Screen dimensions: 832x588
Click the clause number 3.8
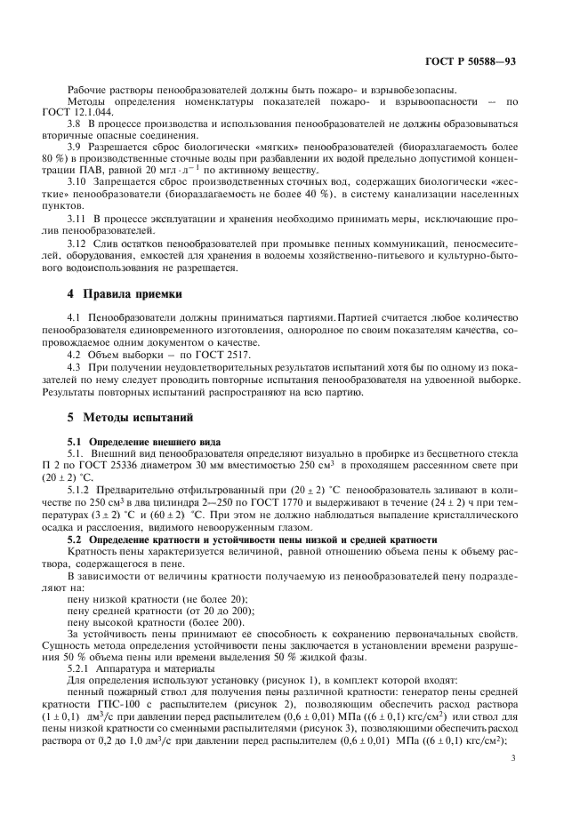coord(77,129)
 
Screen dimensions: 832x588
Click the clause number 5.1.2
coord(82,489)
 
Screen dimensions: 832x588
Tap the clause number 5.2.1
coord(82,667)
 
